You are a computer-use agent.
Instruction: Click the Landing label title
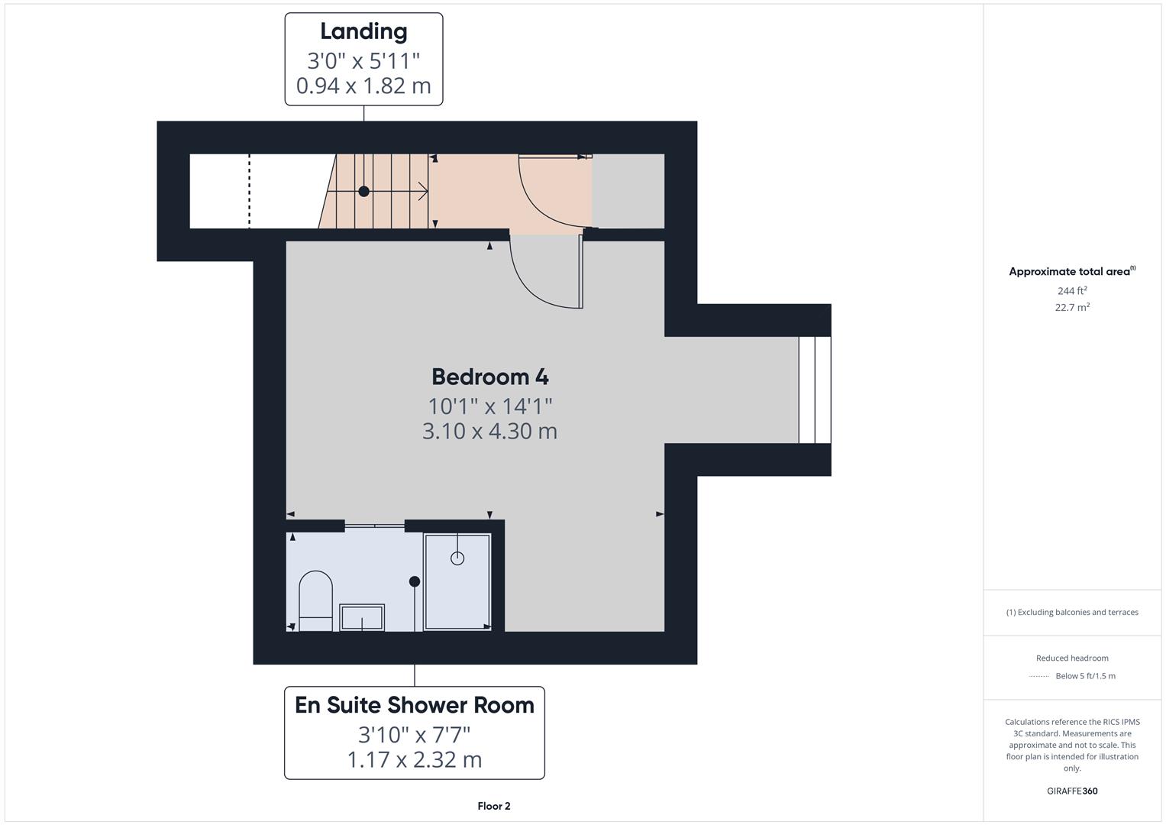pos(363,32)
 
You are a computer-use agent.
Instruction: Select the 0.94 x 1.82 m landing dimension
pos(363,86)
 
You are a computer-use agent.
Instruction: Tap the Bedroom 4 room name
pos(489,377)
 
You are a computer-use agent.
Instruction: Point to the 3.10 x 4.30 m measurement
pos(489,431)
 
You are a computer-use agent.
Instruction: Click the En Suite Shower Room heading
pos(415,705)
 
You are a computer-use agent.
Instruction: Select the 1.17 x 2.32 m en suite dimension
pos(415,760)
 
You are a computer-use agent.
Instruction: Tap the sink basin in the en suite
pos(362,617)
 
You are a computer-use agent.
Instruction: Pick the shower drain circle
pos(457,558)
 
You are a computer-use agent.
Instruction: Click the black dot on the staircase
pos(364,192)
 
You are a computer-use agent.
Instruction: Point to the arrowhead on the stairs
pos(422,191)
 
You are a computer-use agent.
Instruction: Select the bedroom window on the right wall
pos(815,390)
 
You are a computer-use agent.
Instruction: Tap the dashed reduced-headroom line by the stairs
pos(250,191)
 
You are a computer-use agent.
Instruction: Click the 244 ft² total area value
pos(1072,291)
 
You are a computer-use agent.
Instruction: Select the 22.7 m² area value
pos(1072,308)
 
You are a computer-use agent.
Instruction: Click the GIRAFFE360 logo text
pos(1072,791)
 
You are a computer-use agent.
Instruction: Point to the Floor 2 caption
pos(494,806)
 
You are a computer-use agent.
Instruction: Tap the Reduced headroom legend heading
pos(1072,658)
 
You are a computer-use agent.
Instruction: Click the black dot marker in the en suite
pos(415,581)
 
